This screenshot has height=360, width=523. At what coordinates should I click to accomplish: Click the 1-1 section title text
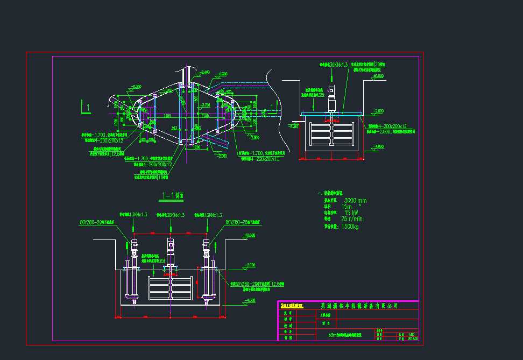pos(173,197)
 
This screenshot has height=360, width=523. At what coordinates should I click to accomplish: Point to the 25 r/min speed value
pos(352,219)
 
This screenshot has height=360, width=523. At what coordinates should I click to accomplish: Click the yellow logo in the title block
pos(291,306)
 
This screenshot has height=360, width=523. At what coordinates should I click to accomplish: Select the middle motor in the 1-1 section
pos(171,249)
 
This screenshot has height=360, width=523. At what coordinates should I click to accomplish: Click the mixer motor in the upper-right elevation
pos(332,97)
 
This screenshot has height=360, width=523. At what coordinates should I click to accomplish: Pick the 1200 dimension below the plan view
pos(196,147)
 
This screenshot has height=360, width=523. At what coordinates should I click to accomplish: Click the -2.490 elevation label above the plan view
pos(204,72)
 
